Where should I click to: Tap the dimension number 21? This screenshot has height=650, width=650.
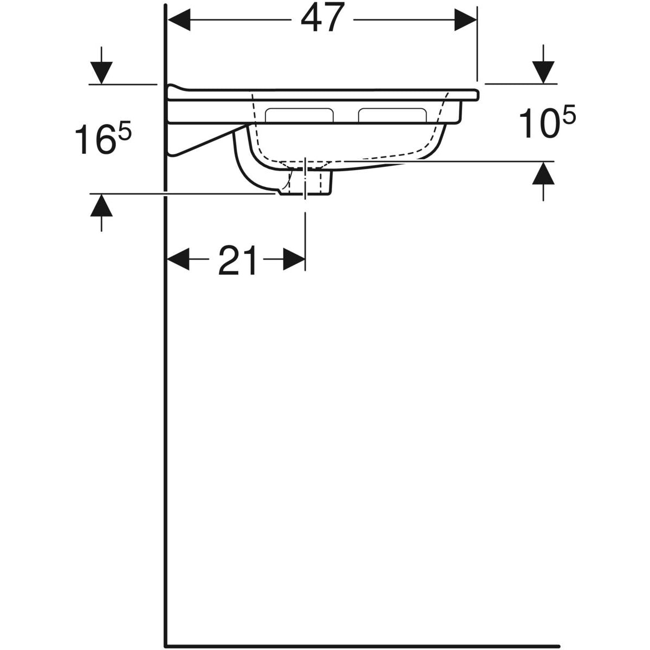[x=238, y=260]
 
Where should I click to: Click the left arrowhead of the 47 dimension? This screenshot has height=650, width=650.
[x=179, y=20]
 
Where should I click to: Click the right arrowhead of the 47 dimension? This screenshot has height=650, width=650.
[x=465, y=20]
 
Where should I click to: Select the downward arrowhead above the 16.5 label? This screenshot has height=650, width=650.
[x=101, y=73]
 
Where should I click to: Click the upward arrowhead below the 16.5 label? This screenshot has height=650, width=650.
[x=101, y=205]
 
